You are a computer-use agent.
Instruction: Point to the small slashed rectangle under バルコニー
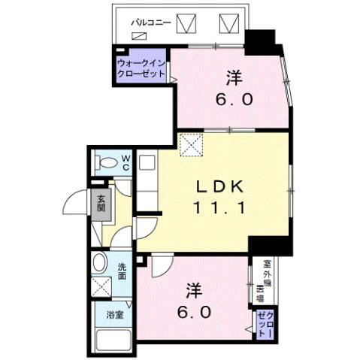coord(138,35)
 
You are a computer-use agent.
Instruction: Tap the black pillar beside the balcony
coord(262,39)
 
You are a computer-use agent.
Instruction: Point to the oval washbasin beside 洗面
coord(100,264)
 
